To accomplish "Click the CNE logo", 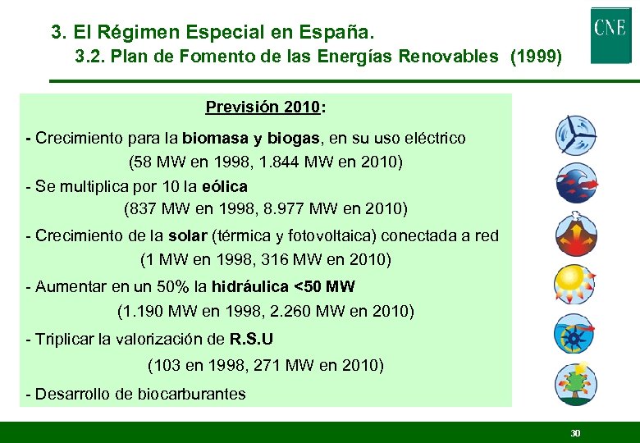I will tap(610, 34).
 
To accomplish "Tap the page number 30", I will tap(575, 432).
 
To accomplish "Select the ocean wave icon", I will tap(575, 183).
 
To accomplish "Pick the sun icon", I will tap(575, 284).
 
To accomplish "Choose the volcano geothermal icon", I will tap(575, 234).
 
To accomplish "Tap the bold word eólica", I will tap(224, 186).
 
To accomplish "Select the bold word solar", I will tap(187, 236).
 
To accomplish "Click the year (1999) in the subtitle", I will tap(536, 57).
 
